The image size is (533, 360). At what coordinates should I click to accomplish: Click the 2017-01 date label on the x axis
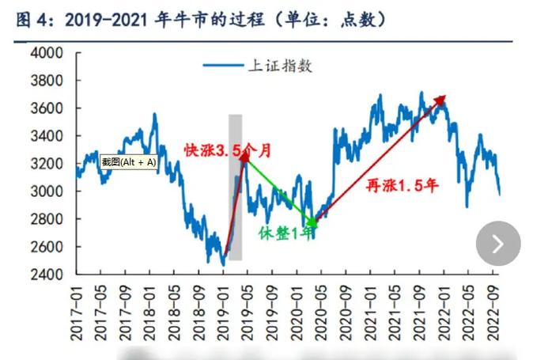click(x=77, y=314)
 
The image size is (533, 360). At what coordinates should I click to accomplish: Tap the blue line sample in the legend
click(x=222, y=66)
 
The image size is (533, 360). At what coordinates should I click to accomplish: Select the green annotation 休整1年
click(x=285, y=233)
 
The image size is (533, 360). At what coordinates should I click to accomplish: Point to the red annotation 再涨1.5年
click(x=402, y=186)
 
